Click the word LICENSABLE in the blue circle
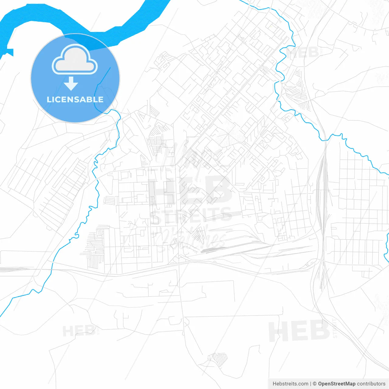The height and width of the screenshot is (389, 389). coord(75,99)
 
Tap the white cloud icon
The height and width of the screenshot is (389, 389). coord(75,60)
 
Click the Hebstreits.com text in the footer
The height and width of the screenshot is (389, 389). coord(290,384)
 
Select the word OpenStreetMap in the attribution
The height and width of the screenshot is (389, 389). coord(336,384)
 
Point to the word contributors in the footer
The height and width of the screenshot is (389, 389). coord(371,384)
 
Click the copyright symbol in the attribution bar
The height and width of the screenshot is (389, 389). coord(315,384)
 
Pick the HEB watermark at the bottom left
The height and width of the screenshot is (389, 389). coord(78,331)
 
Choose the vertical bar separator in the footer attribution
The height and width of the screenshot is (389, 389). coord(310,384)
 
